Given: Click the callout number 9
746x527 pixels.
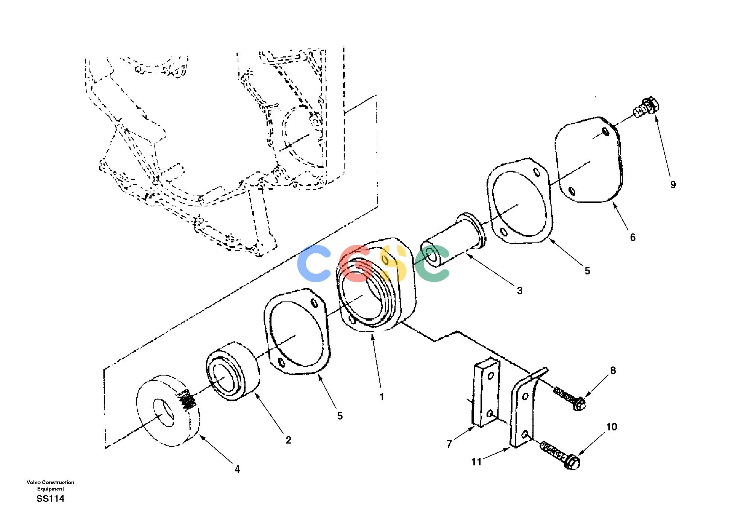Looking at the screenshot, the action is [x=673, y=185].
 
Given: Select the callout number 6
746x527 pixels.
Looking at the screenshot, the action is [x=633, y=237].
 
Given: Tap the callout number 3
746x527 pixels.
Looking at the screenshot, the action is [x=520, y=291].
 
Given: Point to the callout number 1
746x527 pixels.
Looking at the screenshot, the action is [x=382, y=397].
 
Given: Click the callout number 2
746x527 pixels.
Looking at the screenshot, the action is [x=288, y=440].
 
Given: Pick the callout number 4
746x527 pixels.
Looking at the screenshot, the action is [x=237, y=469].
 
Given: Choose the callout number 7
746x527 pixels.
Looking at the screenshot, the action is [x=449, y=444].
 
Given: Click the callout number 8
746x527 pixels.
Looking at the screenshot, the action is [x=613, y=371].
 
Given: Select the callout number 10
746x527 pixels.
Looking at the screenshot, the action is [x=612, y=427].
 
